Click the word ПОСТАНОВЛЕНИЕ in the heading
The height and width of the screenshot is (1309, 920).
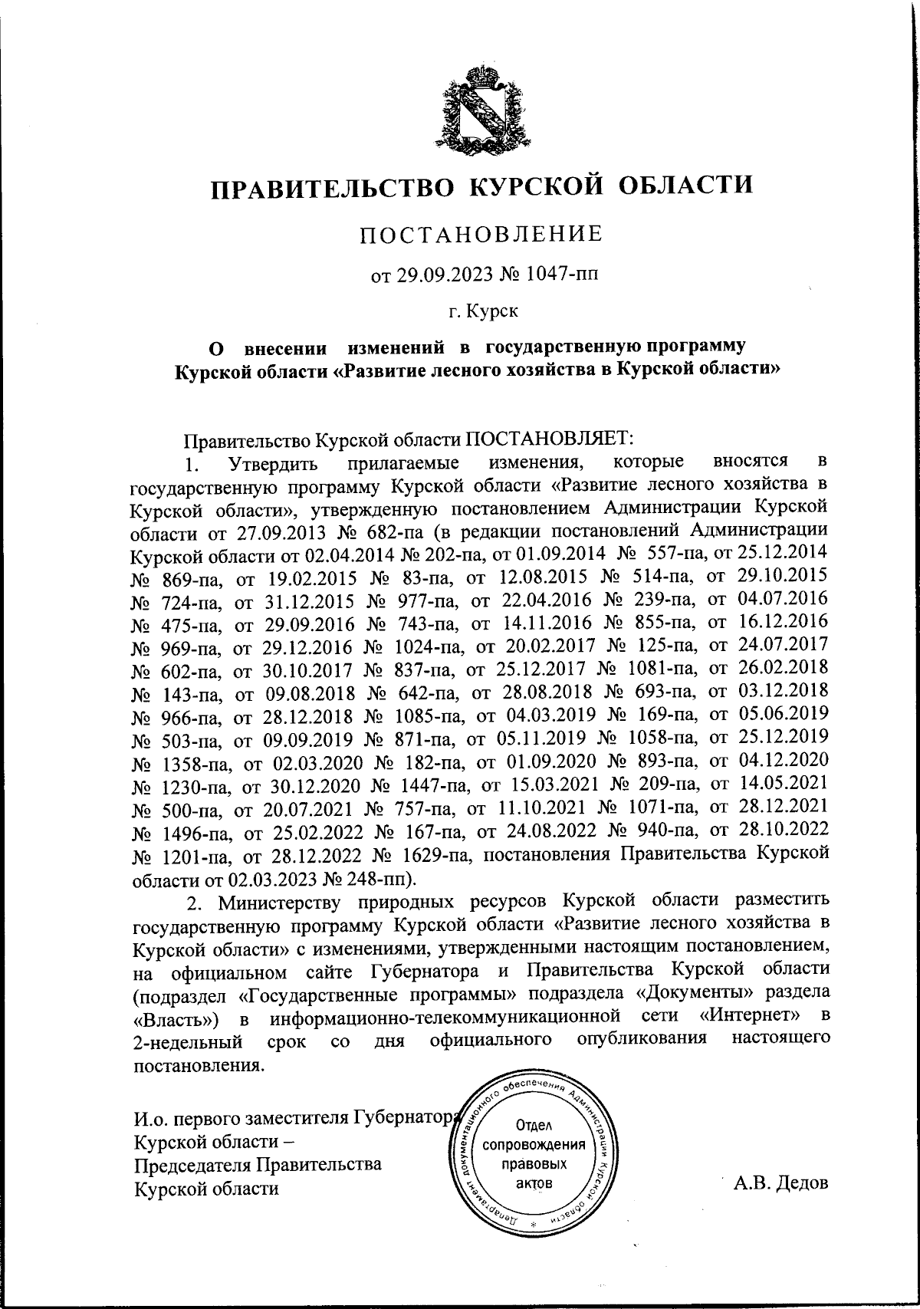(481, 234)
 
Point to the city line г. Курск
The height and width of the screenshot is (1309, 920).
(483, 311)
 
